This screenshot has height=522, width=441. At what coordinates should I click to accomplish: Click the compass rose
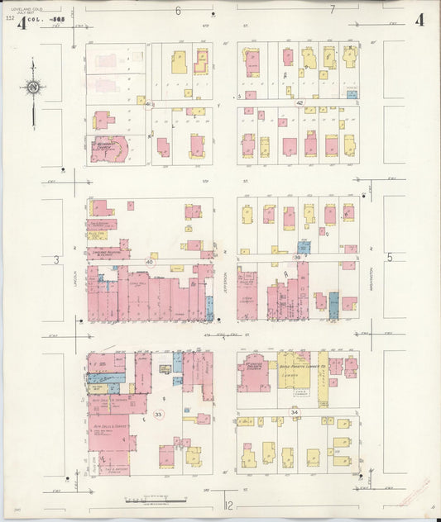click(32, 87)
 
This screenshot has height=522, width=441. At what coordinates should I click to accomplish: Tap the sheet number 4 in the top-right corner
click(420, 20)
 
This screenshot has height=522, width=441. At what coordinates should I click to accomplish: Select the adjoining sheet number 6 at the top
click(178, 10)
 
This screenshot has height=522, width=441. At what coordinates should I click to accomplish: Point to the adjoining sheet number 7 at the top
click(332, 10)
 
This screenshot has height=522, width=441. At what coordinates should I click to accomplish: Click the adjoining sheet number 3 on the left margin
click(57, 260)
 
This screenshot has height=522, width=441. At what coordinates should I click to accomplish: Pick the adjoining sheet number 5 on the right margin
click(389, 258)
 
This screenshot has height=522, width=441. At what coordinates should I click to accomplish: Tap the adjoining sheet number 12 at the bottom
click(229, 504)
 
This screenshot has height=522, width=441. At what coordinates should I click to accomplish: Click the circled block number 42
click(300, 103)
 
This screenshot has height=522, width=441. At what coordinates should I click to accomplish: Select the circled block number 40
click(150, 262)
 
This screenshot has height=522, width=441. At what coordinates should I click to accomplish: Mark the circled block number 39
click(298, 258)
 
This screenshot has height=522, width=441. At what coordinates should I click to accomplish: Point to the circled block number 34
click(295, 411)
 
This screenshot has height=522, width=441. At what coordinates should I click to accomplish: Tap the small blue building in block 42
click(352, 95)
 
